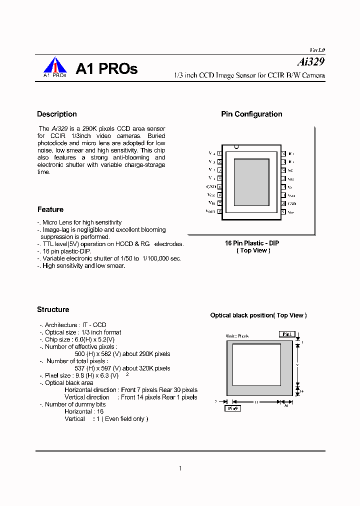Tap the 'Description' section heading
tap(57, 114)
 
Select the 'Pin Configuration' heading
tap(251, 114)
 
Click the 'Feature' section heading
tap(50, 209)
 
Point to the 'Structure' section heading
tap(53, 309)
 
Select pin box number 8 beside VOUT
tap(220, 211)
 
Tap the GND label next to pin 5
tap(211, 186)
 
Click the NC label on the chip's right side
tap(290, 170)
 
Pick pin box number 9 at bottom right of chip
tap(283, 211)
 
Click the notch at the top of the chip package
tap(236, 147)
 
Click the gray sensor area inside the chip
tap(251, 182)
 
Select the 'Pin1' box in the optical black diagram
tap(286, 334)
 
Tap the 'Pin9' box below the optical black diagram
tap(232, 408)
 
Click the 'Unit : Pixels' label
tap(237, 336)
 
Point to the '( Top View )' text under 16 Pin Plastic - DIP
tap(253, 250)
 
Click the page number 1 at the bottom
tap(180, 468)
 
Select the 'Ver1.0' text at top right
tap(317, 50)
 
